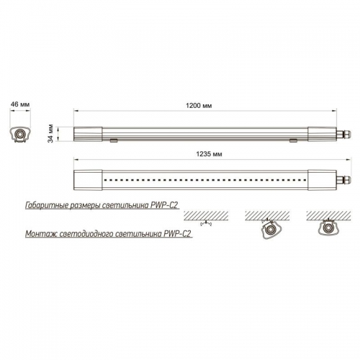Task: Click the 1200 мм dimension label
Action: tap(199, 106)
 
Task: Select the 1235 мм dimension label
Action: tap(209, 154)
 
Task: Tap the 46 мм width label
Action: tap(20, 104)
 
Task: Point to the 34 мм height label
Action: tap(50, 133)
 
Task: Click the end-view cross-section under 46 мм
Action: tap(20, 134)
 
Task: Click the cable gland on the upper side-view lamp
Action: tap(343, 134)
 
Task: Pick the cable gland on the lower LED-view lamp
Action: tap(343, 180)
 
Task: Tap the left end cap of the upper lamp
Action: tap(88, 134)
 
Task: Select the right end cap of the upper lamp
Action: tap(322, 134)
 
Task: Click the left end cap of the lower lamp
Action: tap(88, 180)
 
